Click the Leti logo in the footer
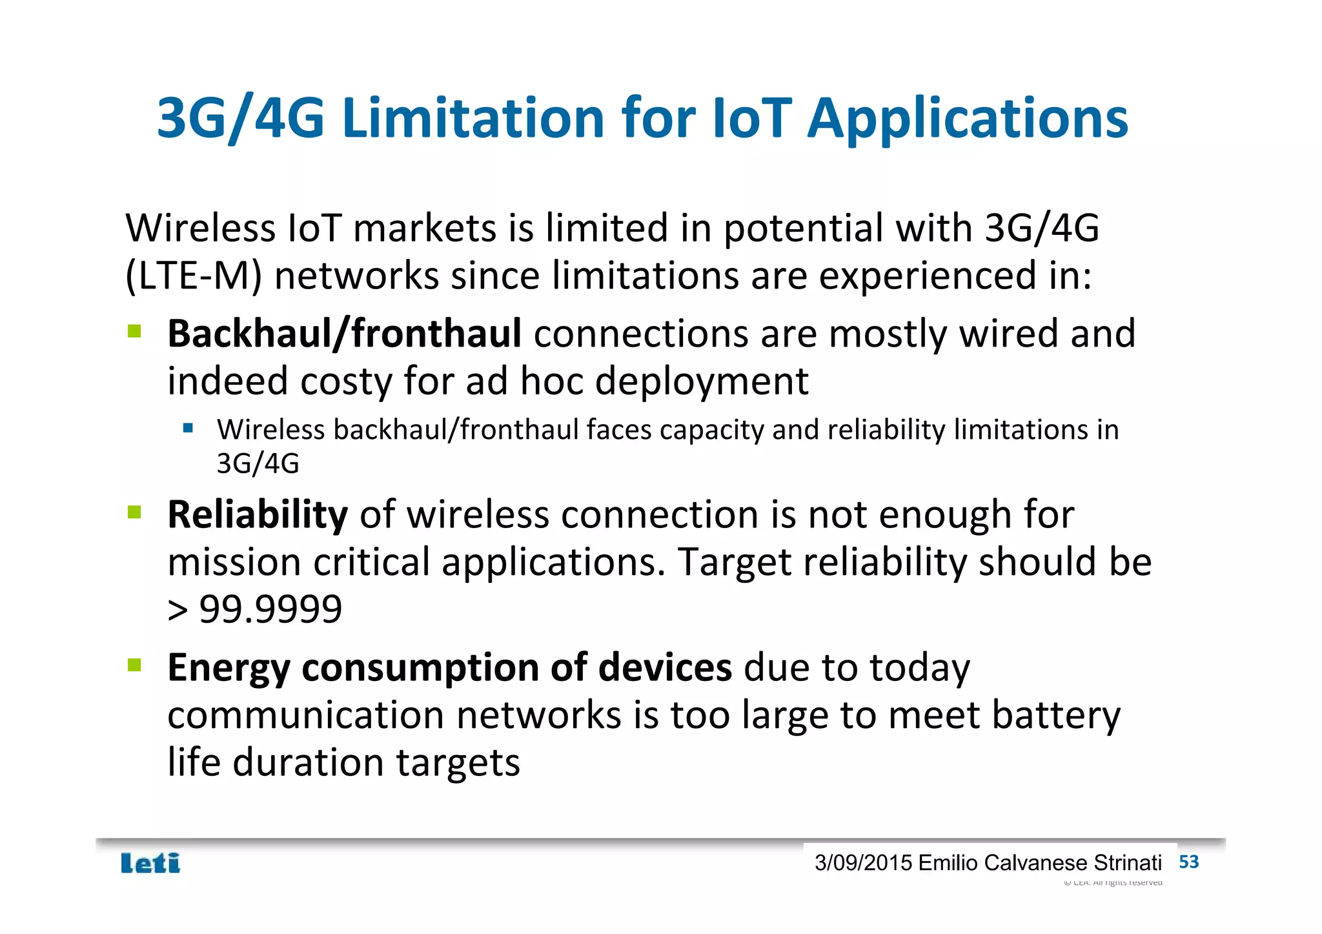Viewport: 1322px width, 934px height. click(150, 863)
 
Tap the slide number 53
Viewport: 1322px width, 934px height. click(1188, 862)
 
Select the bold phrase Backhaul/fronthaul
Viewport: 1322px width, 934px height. click(344, 334)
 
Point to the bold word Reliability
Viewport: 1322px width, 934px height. click(258, 515)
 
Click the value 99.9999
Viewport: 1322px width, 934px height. click(270, 609)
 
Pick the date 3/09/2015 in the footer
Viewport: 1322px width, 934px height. click(863, 863)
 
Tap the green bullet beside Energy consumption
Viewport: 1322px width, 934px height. click(134, 665)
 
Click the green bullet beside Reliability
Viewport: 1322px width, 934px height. click(134, 513)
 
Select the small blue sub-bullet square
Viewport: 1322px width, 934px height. click(188, 428)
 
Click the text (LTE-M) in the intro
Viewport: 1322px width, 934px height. click(194, 276)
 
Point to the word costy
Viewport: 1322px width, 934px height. click(345, 381)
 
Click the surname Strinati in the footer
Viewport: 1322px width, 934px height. click(1128, 863)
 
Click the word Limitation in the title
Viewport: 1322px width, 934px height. click(474, 118)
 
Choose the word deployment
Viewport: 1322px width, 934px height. click(701, 382)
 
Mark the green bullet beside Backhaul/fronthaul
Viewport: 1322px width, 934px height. click(134, 332)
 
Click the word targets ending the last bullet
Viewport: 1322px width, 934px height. click(457, 764)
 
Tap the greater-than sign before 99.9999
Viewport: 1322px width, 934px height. click(178, 610)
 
